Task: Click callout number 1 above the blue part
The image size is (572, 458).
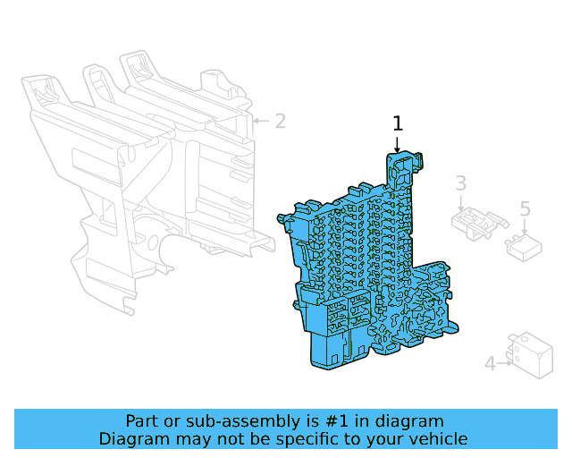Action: click(398, 123)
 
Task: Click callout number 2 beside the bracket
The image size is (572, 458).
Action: click(280, 121)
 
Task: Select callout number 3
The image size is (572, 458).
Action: click(461, 183)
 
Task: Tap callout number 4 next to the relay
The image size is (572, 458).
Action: click(491, 363)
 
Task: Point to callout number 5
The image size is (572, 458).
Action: click(525, 209)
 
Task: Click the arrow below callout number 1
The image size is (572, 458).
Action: click(397, 145)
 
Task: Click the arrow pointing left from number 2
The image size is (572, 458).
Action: click(261, 121)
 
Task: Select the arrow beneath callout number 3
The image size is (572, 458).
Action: click(461, 203)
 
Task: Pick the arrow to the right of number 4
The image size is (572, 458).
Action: click(505, 363)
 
